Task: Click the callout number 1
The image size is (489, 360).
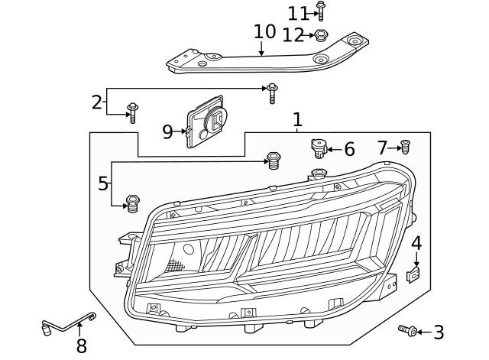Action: (297, 119)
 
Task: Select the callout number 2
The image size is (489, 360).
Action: (96, 102)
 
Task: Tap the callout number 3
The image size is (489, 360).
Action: (438, 332)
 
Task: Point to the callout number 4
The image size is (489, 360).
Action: (416, 244)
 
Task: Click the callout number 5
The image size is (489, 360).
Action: (103, 183)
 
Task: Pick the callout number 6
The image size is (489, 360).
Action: (349, 149)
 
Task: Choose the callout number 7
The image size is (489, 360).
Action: (383, 148)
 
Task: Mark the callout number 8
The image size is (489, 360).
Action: (81, 346)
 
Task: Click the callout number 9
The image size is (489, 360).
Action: (168, 131)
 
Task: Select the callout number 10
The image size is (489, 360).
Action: (264, 32)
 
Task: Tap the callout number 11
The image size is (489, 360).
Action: (297, 13)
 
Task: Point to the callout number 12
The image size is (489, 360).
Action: (293, 34)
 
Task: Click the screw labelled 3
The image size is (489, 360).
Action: (408, 330)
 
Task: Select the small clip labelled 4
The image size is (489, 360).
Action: (413, 274)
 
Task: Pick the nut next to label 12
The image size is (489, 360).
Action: (321, 34)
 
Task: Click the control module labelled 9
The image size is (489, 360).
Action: (208, 124)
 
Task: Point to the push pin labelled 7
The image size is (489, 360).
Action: (405, 147)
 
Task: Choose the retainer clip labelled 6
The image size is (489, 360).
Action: (318, 146)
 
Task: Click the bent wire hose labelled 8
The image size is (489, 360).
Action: (69, 325)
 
